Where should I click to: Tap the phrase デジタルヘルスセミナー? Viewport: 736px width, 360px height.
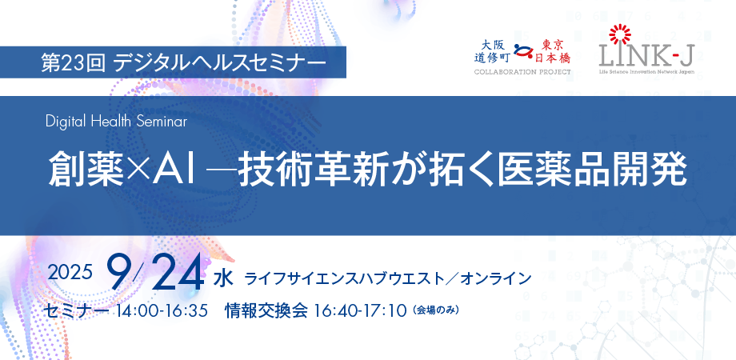[x=220, y=62]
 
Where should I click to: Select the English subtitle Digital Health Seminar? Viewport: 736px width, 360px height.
[x=117, y=122]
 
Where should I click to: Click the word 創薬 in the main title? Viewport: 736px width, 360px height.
[x=87, y=169]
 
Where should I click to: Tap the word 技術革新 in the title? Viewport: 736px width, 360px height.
[x=313, y=169]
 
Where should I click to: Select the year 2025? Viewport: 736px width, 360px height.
[x=70, y=272]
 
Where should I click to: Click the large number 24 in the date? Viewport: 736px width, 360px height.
[x=178, y=273]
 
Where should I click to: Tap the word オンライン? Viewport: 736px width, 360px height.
[x=495, y=279]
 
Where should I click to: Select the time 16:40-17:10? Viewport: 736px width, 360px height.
[x=359, y=310]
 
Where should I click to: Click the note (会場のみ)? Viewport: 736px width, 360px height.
[x=435, y=310]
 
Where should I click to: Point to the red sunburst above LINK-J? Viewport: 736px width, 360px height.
[x=619, y=34]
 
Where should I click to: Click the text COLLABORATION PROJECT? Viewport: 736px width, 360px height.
[x=522, y=72]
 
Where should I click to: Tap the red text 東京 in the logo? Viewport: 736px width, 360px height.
[x=553, y=45]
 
